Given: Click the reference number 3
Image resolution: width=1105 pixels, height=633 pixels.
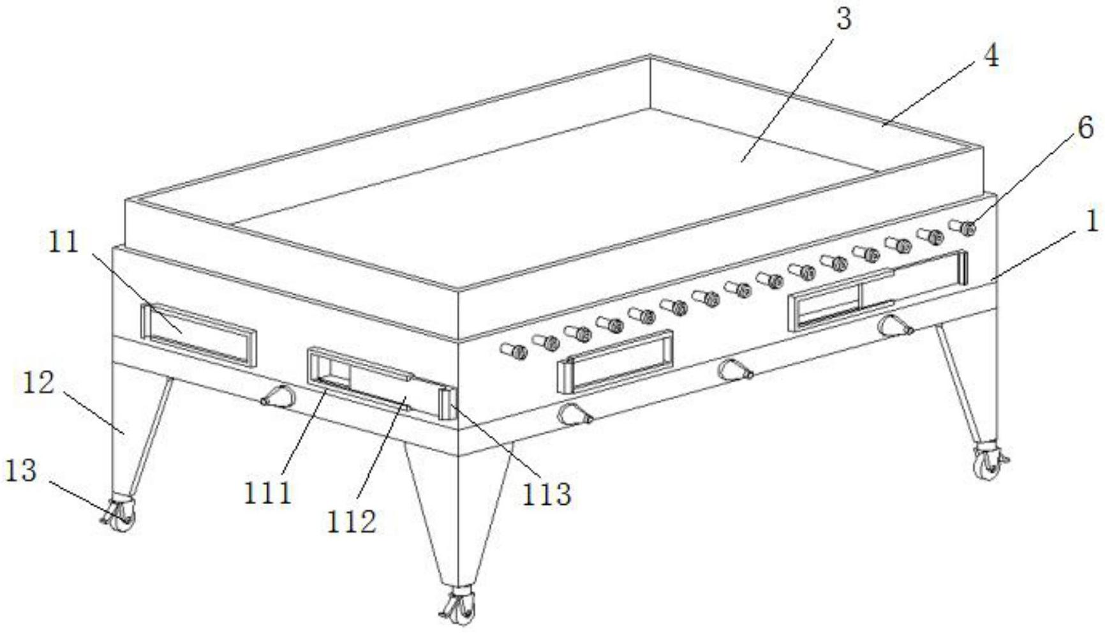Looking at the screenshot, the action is pyautogui.click(x=843, y=19).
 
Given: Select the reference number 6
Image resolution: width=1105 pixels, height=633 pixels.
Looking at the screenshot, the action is pyautogui.click(x=1085, y=128).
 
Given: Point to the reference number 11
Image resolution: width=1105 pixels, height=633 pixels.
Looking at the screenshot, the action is pyautogui.click(x=63, y=242).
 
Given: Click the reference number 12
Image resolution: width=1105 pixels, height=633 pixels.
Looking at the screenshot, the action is pyautogui.click(x=38, y=384).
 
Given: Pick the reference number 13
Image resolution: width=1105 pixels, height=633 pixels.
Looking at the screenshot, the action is pyautogui.click(x=21, y=472).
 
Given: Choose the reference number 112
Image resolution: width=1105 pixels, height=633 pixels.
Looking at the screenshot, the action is pyautogui.click(x=352, y=521).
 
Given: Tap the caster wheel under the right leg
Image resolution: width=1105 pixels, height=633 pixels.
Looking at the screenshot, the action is pyautogui.click(x=988, y=463).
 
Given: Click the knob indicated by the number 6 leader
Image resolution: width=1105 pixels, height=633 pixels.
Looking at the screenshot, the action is pyautogui.click(x=968, y=227).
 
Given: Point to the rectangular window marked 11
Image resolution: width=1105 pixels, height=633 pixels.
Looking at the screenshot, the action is pyautogui.click(x=198, y=334).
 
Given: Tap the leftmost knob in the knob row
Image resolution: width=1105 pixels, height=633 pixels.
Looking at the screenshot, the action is pyautogui.click(x=514, y=350).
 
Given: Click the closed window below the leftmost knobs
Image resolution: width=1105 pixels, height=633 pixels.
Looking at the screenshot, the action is pyautogui.click(x=616, y=361).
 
